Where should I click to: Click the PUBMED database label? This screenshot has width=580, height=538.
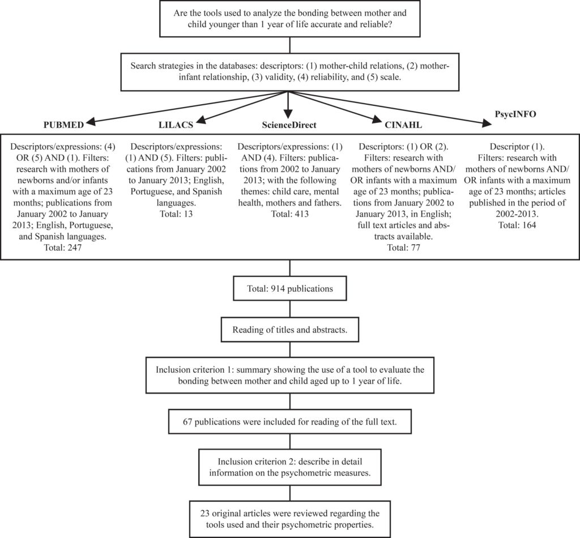pos(63,125)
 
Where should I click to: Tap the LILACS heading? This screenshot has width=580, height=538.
pos(176,125)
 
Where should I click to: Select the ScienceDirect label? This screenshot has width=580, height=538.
pos(289,125)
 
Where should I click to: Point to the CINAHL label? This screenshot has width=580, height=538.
pos(403,125)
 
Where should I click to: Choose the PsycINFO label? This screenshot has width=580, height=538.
pos(515,114)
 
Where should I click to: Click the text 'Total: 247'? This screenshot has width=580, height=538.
pos(62,247)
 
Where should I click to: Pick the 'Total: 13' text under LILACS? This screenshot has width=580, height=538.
pos(176,214)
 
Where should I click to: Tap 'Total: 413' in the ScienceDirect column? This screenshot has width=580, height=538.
pos(289,214)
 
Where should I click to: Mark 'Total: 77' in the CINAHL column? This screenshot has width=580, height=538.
pos(403,247)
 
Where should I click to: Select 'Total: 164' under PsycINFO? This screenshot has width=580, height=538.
pos(517,225)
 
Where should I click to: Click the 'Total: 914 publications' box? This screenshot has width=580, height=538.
pos(290,288)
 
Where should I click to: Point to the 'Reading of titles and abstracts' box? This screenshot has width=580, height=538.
pos(290,330)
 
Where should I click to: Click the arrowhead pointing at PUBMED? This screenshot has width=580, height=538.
pos(90,122)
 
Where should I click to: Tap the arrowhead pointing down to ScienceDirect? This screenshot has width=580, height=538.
pos(288,114)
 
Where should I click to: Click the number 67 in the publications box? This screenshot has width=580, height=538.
pos(187,421)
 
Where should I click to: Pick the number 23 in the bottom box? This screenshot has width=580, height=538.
pos(205,513)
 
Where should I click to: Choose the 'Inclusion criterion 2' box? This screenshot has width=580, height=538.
pos(290,467)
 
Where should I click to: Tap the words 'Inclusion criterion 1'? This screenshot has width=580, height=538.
pos(190,370)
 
